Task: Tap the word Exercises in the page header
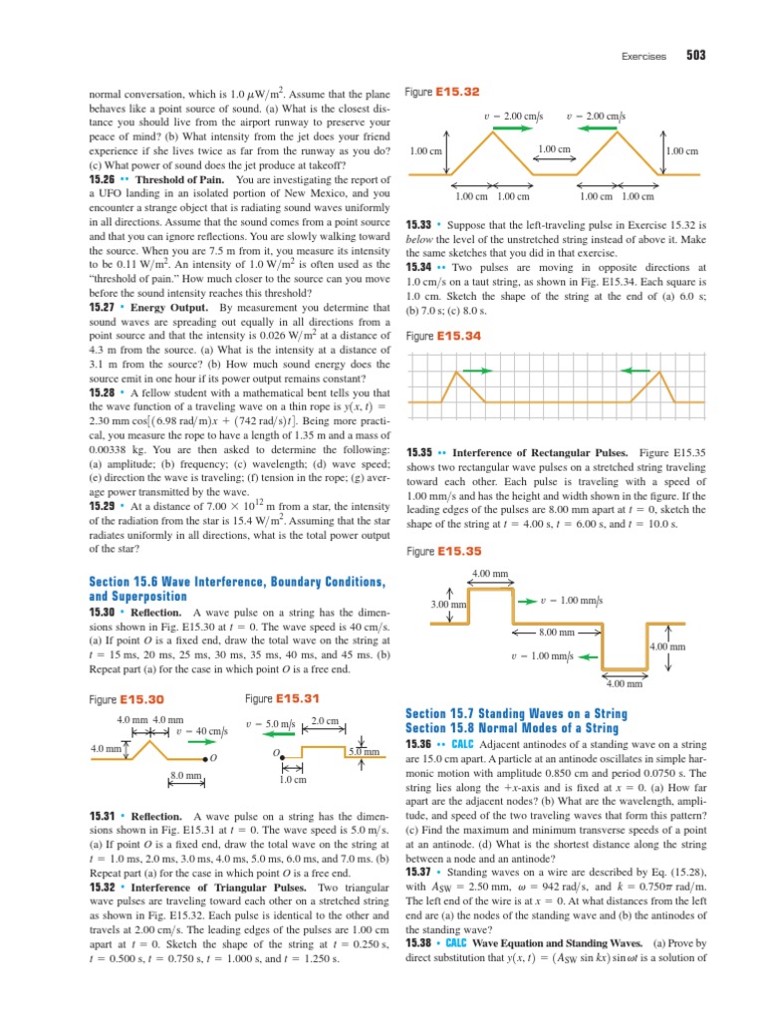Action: coord(642,58)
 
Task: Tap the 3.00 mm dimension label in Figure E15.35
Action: coord(449,605)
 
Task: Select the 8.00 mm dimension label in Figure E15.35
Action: coord(556,633)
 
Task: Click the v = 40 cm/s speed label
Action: coord(202,731)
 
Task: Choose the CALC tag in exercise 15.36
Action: coord(461,744)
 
